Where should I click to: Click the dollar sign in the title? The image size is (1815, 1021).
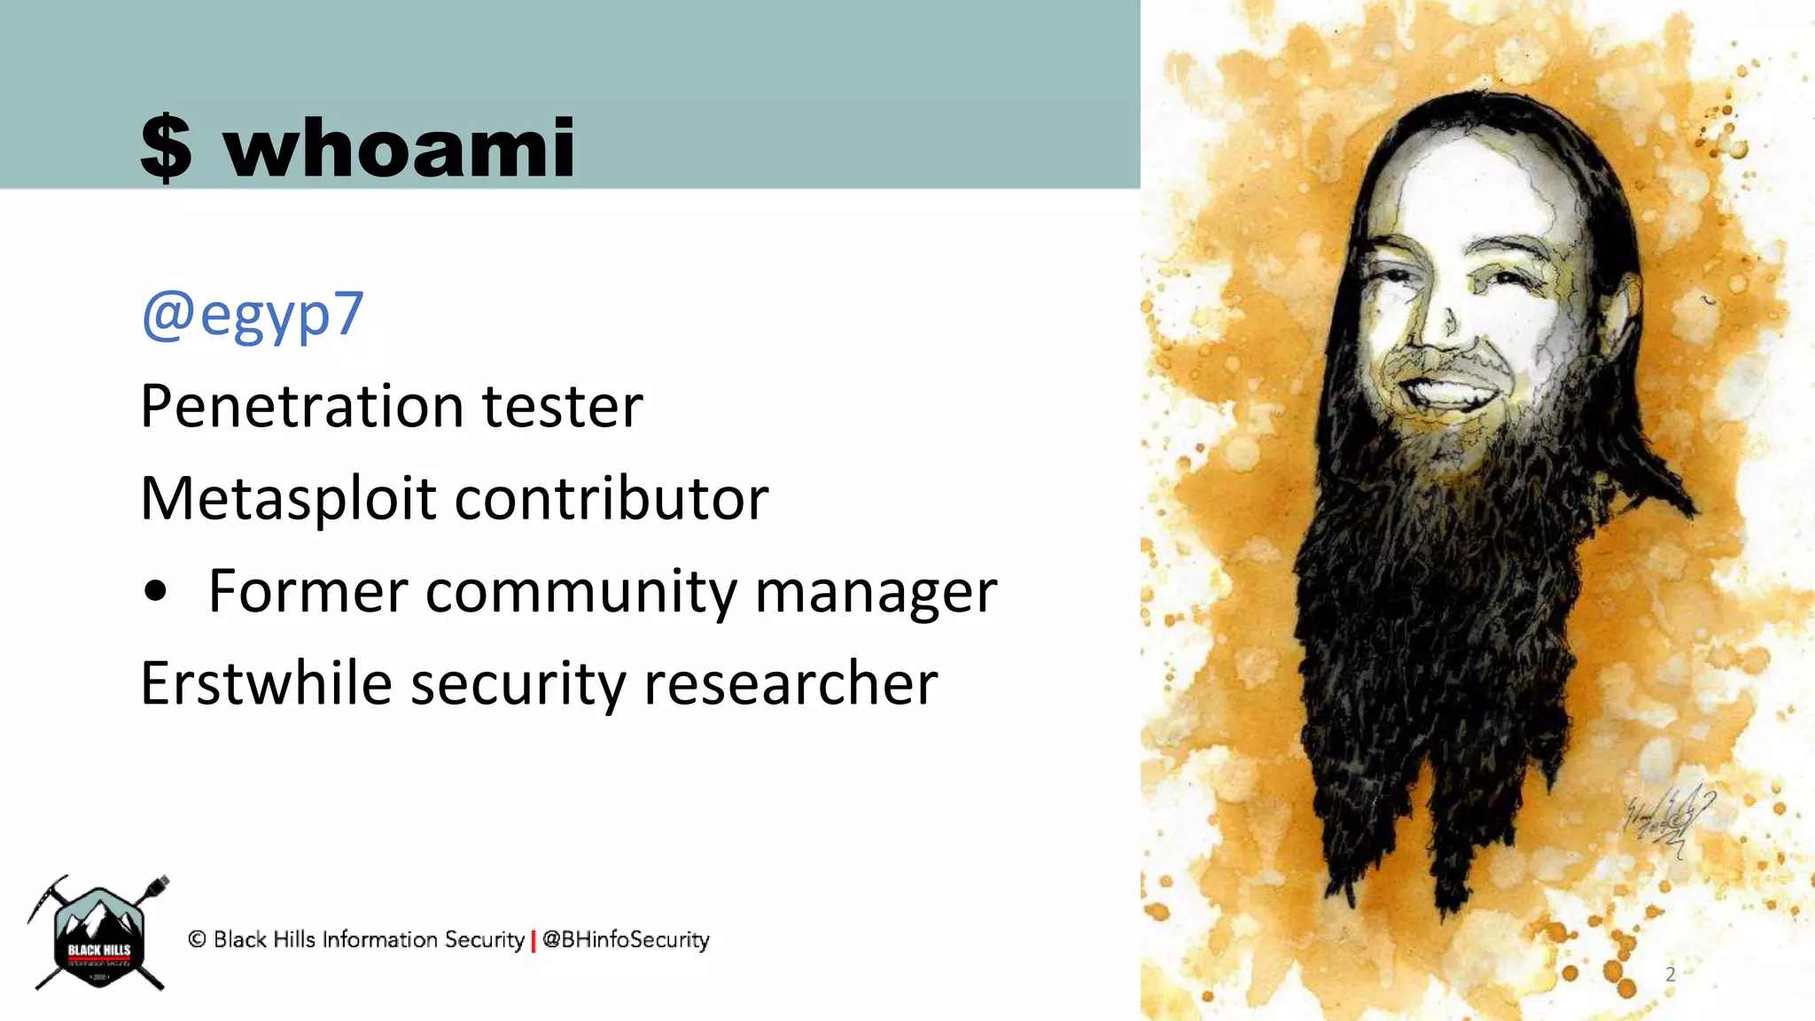tap(166, 148)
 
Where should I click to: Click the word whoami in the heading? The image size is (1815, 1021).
tap(400, 147)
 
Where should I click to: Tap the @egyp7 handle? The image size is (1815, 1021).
tap(253, 315)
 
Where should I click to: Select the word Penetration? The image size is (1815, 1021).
tap(301, 407)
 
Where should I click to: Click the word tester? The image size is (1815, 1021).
tap(562, 407)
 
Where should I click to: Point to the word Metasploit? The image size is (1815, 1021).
tap(288, 500)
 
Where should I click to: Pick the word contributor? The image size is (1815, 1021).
tap(611, 499)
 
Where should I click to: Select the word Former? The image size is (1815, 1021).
tap(308, 591)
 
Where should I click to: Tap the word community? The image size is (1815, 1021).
tap(580, 593)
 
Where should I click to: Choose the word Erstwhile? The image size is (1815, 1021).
tap(266, 684)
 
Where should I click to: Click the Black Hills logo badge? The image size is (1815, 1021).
tap(99, 936)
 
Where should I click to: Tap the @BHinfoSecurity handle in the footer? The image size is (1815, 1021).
tap(626, 939)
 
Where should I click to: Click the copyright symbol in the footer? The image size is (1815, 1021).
tap(197, 939)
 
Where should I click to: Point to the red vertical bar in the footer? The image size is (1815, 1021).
tap(534, 940)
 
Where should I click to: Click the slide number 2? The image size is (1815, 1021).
tap(1671, 975)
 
